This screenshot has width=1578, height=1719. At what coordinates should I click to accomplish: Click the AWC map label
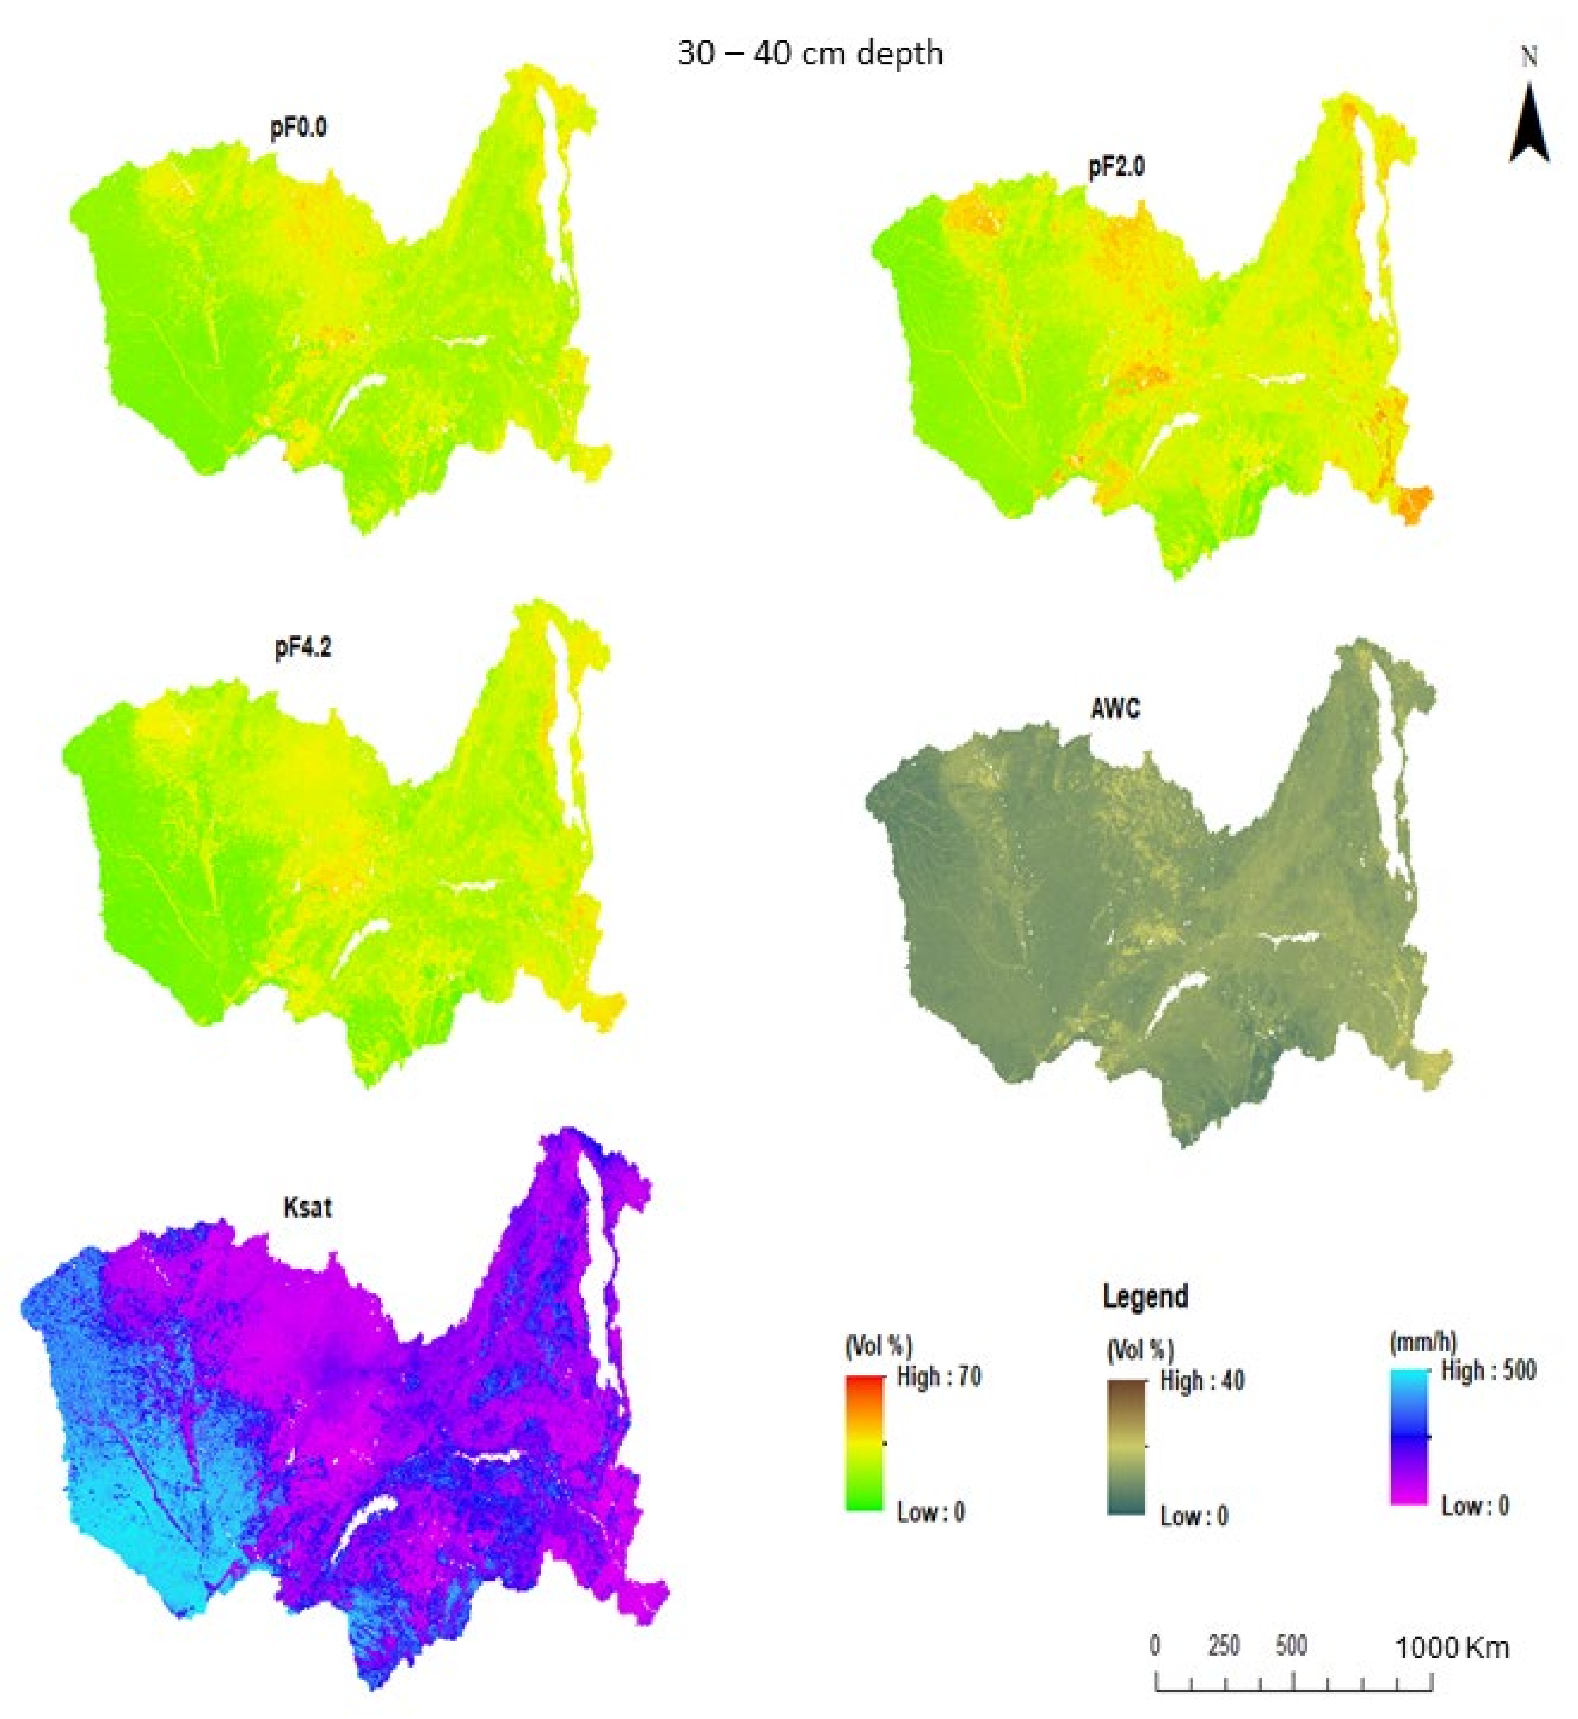[x=1115, y=708]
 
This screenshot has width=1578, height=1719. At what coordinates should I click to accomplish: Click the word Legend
[x=1145, y=1296]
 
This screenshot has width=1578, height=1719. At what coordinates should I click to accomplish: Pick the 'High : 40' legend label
[x=1201, y=1381]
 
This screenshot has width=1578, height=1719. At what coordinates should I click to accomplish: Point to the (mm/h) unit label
[x=1423, y=1342]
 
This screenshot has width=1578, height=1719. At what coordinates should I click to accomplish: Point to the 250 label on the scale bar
[x=1224, y=1646]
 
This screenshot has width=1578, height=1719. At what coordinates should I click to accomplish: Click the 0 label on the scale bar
[x=1155, y=1646]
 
